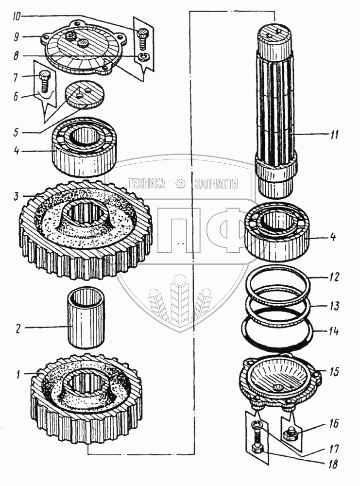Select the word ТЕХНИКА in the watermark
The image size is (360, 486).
146,183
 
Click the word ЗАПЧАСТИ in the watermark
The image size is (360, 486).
216,183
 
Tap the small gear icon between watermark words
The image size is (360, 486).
181,183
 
